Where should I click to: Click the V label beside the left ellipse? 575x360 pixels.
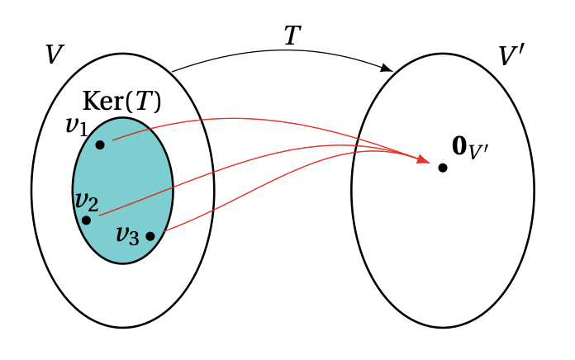[54, 55]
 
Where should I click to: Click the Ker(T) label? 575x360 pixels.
[122, 102]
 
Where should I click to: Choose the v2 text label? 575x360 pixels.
[86, 201]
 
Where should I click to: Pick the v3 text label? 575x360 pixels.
[127, 234]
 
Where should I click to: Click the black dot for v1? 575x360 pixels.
[100, 144]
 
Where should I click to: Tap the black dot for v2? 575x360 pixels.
[86, 220]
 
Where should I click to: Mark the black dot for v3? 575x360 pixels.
[150, 236]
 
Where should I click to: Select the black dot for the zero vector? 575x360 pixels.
[443, 168]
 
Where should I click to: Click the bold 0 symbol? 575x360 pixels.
[460, 146]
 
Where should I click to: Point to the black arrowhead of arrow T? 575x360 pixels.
[386, 68]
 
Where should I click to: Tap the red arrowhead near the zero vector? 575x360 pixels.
[423, 159]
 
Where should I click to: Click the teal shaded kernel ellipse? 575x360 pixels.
[124, 178]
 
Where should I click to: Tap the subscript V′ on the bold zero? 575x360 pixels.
[480, 153]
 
